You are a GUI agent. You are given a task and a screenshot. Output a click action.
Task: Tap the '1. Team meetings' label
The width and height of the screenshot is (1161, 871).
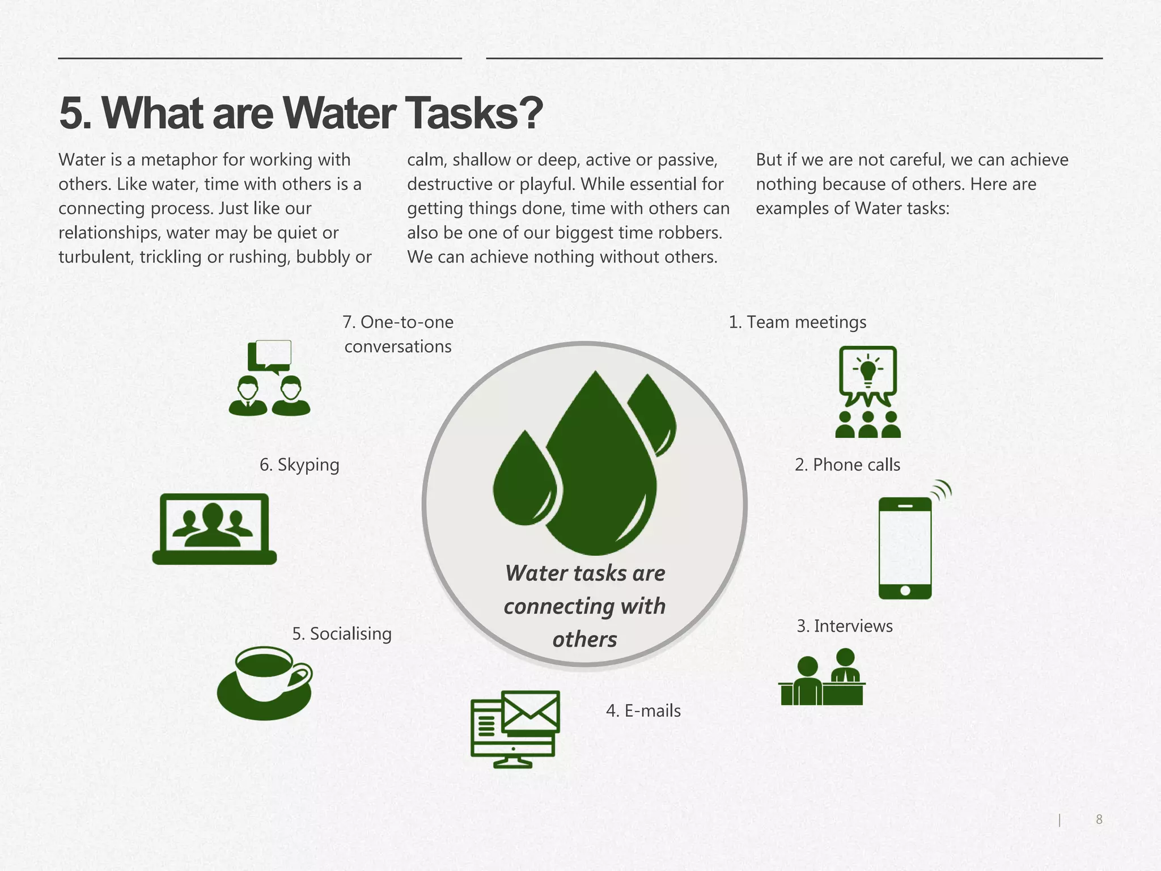[797, 322]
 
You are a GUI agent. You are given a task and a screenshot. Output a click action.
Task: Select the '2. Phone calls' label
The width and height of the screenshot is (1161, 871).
[847, 465]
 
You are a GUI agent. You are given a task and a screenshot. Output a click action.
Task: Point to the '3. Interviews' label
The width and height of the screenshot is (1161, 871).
[844, 626]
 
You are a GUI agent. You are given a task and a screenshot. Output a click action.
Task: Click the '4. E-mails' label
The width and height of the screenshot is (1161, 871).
[643, 711]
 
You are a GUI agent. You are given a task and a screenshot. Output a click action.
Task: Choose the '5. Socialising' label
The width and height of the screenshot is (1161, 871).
[341, 633]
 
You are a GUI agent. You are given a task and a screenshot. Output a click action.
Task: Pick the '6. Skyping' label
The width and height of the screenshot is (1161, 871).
[299, 465]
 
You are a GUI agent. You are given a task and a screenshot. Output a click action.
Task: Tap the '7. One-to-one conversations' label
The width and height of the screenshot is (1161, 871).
[398, 334]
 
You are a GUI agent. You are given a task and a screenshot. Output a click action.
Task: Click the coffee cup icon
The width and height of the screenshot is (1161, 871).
[265, 683]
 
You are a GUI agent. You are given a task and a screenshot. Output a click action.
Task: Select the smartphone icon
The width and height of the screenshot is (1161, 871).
[905, 547]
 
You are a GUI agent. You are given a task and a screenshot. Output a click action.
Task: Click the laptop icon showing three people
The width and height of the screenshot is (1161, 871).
[214, 528]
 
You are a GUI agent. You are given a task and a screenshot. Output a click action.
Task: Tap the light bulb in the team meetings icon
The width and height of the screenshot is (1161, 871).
[867, 370]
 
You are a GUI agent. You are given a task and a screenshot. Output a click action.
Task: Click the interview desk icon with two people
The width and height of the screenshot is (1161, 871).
[822, 678]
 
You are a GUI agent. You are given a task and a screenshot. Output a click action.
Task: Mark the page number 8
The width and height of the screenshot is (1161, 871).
[1099, 819]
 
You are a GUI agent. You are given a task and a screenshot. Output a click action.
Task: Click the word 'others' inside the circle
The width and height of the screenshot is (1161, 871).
[584, 640]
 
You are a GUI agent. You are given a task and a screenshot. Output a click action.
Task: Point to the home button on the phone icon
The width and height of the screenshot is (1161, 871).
[905, 591]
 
